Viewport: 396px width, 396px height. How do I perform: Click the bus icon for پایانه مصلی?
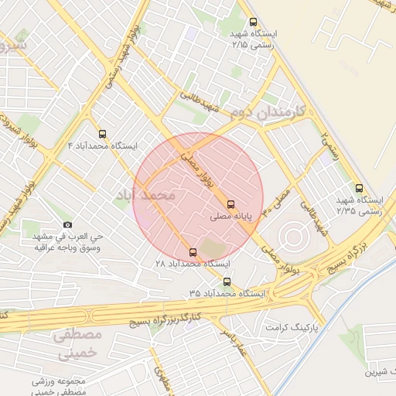231,205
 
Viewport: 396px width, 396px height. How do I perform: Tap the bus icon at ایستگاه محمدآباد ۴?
103,133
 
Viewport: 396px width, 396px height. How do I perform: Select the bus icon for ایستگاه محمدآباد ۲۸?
193,252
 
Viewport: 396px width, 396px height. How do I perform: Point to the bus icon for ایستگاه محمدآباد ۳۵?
227,282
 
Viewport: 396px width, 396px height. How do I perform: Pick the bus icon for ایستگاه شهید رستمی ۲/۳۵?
358,187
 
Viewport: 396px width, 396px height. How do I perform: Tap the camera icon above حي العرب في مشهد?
67,224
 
